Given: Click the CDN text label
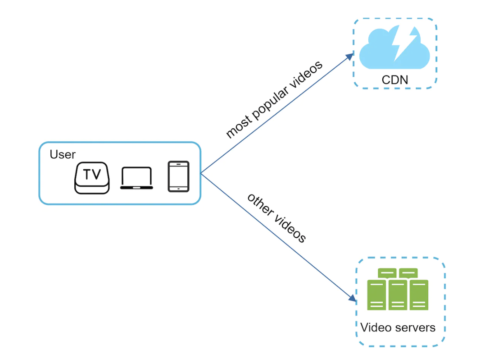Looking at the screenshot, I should [395, 79].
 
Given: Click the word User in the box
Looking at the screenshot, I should [63, 155].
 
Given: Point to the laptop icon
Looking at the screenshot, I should [137, 179].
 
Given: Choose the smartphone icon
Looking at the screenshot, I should [178, 176].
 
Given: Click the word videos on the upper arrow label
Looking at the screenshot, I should [306, 76].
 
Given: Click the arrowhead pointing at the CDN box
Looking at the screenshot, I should [350, 57].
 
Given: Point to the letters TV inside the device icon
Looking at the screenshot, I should [92, 175].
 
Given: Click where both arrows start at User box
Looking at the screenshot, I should [201, 173].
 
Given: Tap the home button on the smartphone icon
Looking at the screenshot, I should [178, 189].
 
